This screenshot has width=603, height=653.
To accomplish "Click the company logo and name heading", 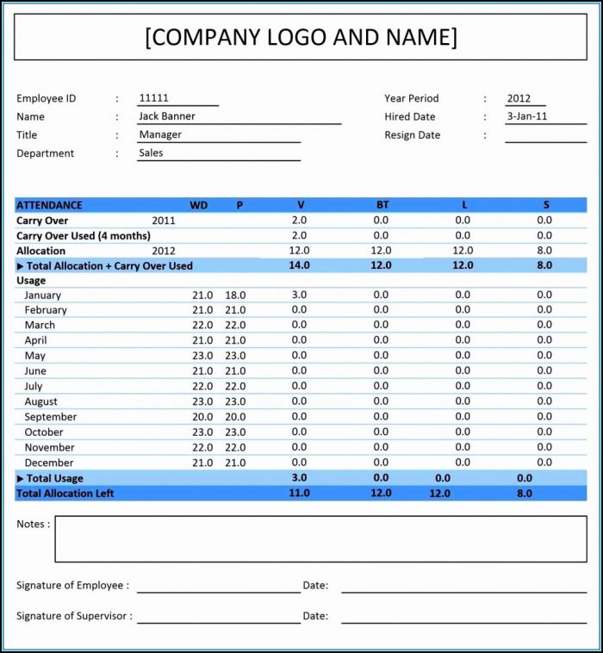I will click(x=301, y=37).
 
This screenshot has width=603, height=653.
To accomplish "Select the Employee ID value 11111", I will click(x=153, y=98).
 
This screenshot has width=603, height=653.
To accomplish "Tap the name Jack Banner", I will click(x=167, y=116).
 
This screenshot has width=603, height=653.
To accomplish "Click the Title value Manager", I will click(x=160, y=134).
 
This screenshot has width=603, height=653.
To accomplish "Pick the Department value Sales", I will click(x=151, y=153).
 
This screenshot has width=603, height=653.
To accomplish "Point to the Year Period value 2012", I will click(x=519, y=98).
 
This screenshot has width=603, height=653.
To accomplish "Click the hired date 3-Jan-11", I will click(x=526, y=116).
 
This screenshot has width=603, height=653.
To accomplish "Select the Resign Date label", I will click(x=412, y=135).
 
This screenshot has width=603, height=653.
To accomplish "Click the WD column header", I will click(x=198, y=205).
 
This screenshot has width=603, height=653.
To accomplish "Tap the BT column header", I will click(x=382, y=205).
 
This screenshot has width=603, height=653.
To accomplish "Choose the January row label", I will click(x=43, y=295).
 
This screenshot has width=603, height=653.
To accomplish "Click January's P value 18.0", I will click(x=235, y=295).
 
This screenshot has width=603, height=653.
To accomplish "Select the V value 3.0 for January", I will click(x=299, y=295).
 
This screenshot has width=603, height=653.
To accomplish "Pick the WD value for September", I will click(x=202, y=417).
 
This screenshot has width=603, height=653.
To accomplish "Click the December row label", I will click(x=49, y=463).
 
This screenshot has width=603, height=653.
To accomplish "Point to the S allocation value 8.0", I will click(x=544, y=251).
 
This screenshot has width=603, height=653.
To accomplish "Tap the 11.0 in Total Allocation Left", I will click(x=299, y=494).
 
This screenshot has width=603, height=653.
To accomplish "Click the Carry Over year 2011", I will click(x=164, y=221).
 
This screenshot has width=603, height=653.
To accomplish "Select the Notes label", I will click(x=33, y=524).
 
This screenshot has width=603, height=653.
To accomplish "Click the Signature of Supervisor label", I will click(x=75, y=616).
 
